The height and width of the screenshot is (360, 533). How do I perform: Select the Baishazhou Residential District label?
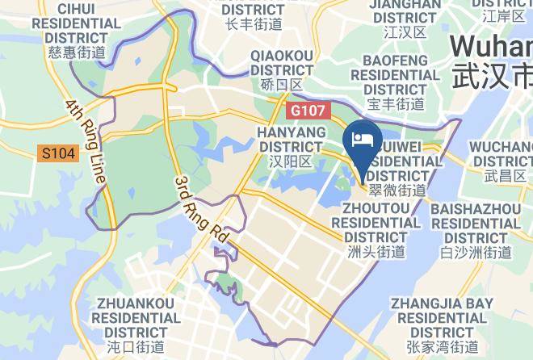click(476, 223)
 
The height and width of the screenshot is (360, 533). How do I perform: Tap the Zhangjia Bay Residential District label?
click(442, 317)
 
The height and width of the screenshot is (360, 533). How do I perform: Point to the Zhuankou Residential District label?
click(136, 317)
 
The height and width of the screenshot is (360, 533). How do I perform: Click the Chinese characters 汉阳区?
click(292, 161)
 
